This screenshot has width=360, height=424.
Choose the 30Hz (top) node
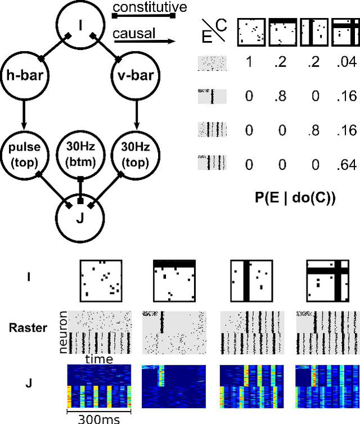136,151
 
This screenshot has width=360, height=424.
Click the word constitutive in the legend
143,7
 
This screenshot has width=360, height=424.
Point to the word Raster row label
29,328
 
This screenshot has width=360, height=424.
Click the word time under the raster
99,359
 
